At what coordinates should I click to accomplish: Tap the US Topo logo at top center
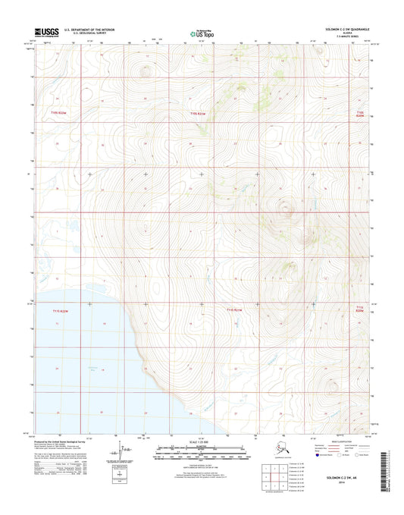[201, 33]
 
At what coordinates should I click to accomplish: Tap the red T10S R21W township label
[199, 112]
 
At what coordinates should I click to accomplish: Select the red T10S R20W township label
[361, 112]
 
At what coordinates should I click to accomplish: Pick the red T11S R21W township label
[234, 310]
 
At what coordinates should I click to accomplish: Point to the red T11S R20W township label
[361, 309]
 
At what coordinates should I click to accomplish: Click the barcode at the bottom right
[390, 471]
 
